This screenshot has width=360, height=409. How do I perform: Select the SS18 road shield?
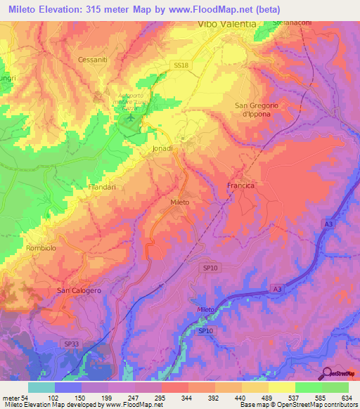181,65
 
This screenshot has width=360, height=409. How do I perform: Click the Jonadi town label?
162,149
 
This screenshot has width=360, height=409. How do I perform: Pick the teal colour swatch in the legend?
41,387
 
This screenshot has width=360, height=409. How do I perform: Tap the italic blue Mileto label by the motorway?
205,310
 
